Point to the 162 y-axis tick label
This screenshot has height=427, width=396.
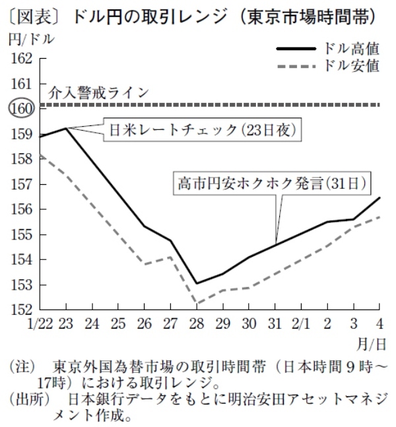coord(22,58)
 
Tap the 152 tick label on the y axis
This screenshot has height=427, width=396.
coord(22,310)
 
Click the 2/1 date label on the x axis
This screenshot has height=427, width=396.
coord(301,323)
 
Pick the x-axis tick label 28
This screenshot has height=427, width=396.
coord(197,323)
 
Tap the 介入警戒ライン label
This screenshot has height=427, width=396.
coord(99,92)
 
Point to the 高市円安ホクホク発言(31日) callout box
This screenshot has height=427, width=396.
coord(271,181)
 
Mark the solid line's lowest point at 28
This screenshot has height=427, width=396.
coord(197,284)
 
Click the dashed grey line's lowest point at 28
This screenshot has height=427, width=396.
coord(197,304)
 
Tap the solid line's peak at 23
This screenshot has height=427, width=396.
coord(67,128)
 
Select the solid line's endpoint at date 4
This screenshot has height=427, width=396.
coord(379,197)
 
